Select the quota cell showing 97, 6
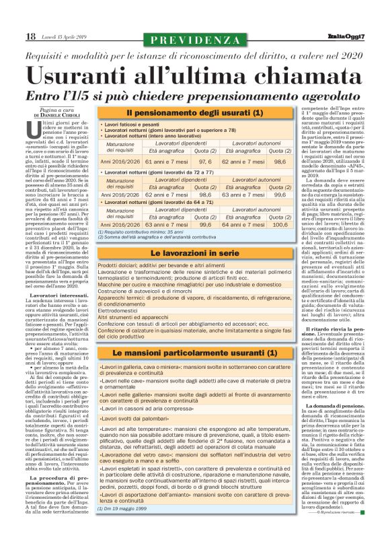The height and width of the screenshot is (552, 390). click(206, 162)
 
